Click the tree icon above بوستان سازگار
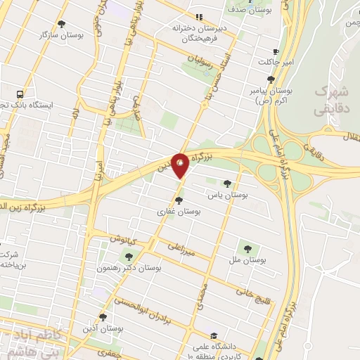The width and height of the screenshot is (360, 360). (61, 24)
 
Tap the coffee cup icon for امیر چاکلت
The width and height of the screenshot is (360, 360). (276, 51)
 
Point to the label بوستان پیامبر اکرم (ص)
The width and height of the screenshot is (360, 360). (270, 96)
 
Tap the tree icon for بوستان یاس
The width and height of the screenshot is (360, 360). (226, 184)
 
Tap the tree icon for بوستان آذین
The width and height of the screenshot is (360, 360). (103, 318)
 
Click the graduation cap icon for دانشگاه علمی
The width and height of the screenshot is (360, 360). (213, 335)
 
